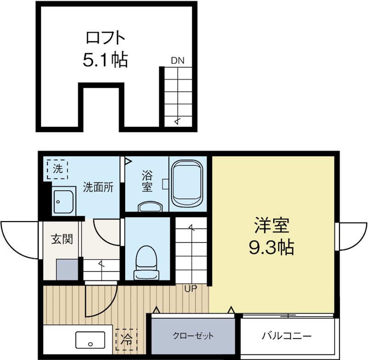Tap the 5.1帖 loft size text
(105, 60)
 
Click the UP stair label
(190, 289)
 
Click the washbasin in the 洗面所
(63, 200)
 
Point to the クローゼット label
(193, 336)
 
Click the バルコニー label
(287, 336)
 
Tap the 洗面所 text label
(98, 188)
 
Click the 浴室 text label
(147, 181)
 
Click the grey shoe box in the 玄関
(67, 269)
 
